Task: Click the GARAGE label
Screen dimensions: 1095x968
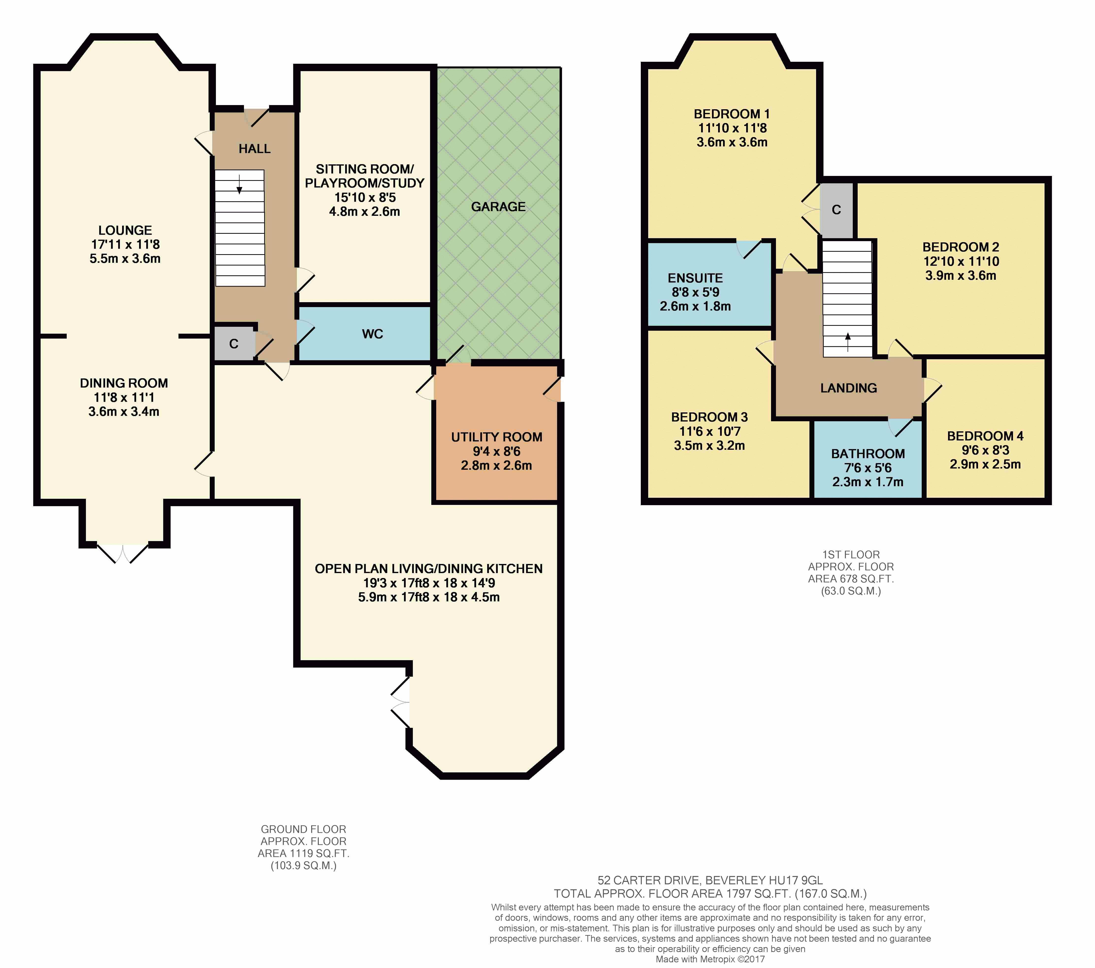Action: click(x=498, y=207)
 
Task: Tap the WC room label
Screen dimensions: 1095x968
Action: click(x=372, y=334)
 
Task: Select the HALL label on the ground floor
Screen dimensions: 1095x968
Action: click(x=255, y=149)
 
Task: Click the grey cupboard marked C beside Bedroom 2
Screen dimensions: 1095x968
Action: click(x=836, y=210)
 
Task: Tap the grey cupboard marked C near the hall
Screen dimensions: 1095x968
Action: click(x=234, y=344)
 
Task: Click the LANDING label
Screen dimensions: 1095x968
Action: click(x=849, y=388)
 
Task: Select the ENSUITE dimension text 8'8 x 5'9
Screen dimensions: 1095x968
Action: click(x=695, y=292)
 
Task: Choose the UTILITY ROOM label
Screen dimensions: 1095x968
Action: click(x=497, y=437)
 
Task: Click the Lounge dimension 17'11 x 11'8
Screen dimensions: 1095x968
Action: click(x=125, y=245)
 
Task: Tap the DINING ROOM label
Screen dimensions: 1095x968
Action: click(x=124, y=383)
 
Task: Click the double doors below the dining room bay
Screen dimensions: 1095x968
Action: click(x=123, y=554)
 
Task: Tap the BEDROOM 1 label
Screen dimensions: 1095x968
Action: click(x=732, y=114)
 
